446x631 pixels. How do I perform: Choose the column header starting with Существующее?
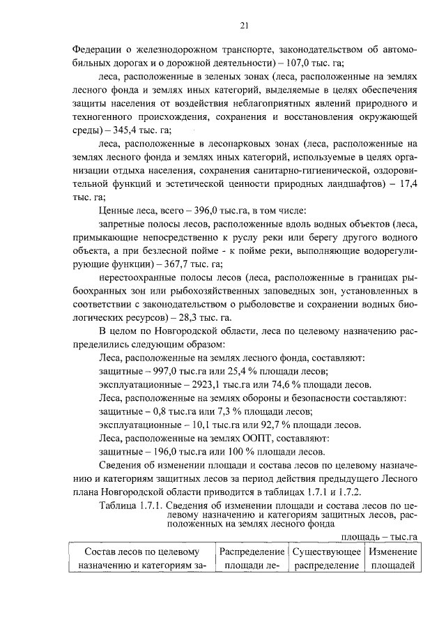326,552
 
